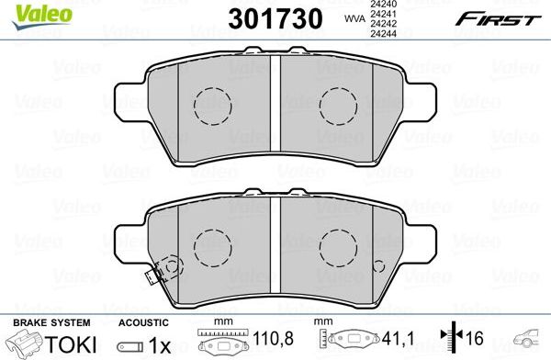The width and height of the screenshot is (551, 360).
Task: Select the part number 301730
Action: [254, 17]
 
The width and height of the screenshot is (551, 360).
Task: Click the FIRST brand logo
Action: [487, 17]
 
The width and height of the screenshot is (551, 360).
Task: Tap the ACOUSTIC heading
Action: [142, 322]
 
